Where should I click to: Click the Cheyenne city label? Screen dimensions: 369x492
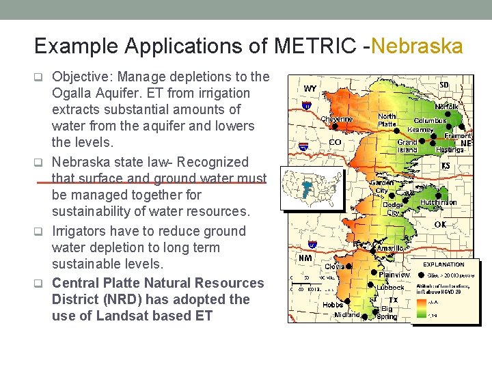click(337, 119)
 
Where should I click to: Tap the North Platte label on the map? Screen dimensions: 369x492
click(387, 120)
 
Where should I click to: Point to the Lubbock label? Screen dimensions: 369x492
click(390, 288)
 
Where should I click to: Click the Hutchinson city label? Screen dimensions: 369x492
click(438, 202)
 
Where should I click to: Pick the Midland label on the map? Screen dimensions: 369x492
click(346, 315)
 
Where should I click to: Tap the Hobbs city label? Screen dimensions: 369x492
click(333, 304)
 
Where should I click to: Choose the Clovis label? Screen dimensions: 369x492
click(334, 266)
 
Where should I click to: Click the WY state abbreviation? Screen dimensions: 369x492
click(310, 88)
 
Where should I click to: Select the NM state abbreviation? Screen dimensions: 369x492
click(305, 258)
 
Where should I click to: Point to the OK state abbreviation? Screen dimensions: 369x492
click(440, 224)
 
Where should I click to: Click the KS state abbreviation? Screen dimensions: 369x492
click(445, 166)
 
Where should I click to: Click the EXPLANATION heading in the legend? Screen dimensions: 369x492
click(443, 264)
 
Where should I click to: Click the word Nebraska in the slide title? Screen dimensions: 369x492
click(418, 46)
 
